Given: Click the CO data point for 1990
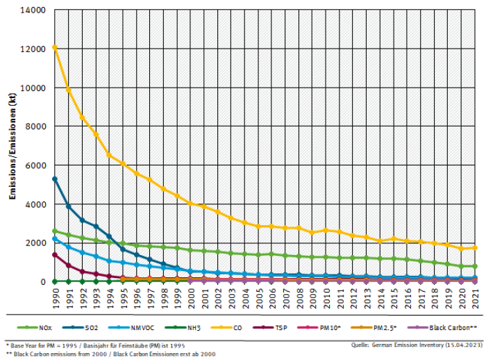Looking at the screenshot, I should [55, 47].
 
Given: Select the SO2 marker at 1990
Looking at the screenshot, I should [55, 179].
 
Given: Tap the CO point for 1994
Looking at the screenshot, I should [109, 155].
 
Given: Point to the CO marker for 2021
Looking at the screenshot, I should [475, 247].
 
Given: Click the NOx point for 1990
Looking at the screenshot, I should [55, 231].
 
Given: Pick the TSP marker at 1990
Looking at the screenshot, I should [55, 254].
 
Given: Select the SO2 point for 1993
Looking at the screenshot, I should [96, 227].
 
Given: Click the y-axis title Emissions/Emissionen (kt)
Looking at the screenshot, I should [12, 146].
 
